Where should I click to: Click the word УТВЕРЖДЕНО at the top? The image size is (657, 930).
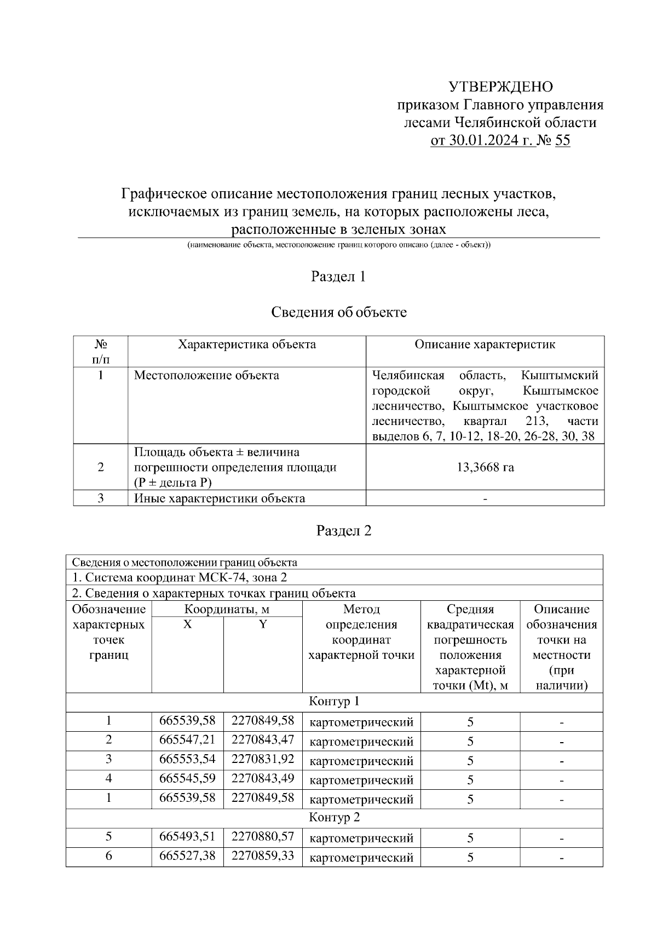(x=501, y=87)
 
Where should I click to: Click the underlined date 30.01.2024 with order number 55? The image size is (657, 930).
(x=500, y=141)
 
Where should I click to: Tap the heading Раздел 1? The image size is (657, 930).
(x=338, y=277)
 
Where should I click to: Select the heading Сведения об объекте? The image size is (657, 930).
(x=339, y=312)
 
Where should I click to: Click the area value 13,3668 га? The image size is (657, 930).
(x=485, y=467)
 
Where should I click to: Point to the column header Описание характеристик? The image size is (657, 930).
(x=485, y=345)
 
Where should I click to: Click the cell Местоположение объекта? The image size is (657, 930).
(x=207, y=375)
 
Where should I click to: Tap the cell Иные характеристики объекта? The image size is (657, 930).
(x=220, y=498)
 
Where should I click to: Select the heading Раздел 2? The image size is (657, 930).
(x=344, y=531)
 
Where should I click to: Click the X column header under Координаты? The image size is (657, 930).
(x=187, y=624)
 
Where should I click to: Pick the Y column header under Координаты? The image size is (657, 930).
(x=263, y=624)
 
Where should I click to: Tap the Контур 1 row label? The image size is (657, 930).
(x=335, y=702)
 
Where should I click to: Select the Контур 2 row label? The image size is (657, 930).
(x=335, y=818)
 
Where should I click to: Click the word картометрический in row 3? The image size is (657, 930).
(x=361, y=761)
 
